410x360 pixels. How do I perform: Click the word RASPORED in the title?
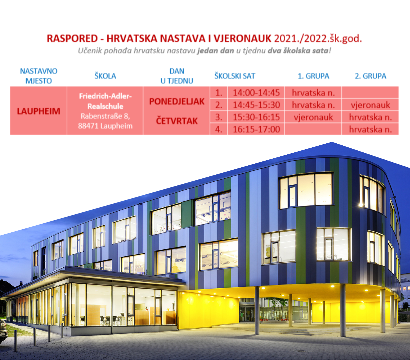click(x=72, y=39)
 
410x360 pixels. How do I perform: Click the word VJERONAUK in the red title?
click(x=242, y=39)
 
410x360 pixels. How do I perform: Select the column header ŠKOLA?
click(x=105, y=76)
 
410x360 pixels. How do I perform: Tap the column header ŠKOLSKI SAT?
click(x=235, y=76)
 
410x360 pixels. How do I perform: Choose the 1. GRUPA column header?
click(x=313, y=76)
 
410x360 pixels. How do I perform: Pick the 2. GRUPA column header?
click(x=371, y=76)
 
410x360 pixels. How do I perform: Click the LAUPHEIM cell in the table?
click(x=39, y=111)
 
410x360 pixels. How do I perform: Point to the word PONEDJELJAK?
click(x=177, y=101)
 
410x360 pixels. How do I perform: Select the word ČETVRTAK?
click(x=177, y=121)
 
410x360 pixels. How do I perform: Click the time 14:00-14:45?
click(x=256, y=93)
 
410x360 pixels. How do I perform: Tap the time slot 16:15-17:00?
click(x=256, y=129)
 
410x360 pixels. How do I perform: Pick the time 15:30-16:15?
click(x=256, y=117)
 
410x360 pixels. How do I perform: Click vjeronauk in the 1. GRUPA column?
click(x=313, y=117)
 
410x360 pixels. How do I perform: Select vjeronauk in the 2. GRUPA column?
click(x=370, y=105)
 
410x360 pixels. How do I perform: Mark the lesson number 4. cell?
click(x=219, y=129)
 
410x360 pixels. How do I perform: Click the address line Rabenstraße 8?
click(x=105, y=116)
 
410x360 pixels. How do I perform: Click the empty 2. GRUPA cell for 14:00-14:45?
click(x=370, y=93)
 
